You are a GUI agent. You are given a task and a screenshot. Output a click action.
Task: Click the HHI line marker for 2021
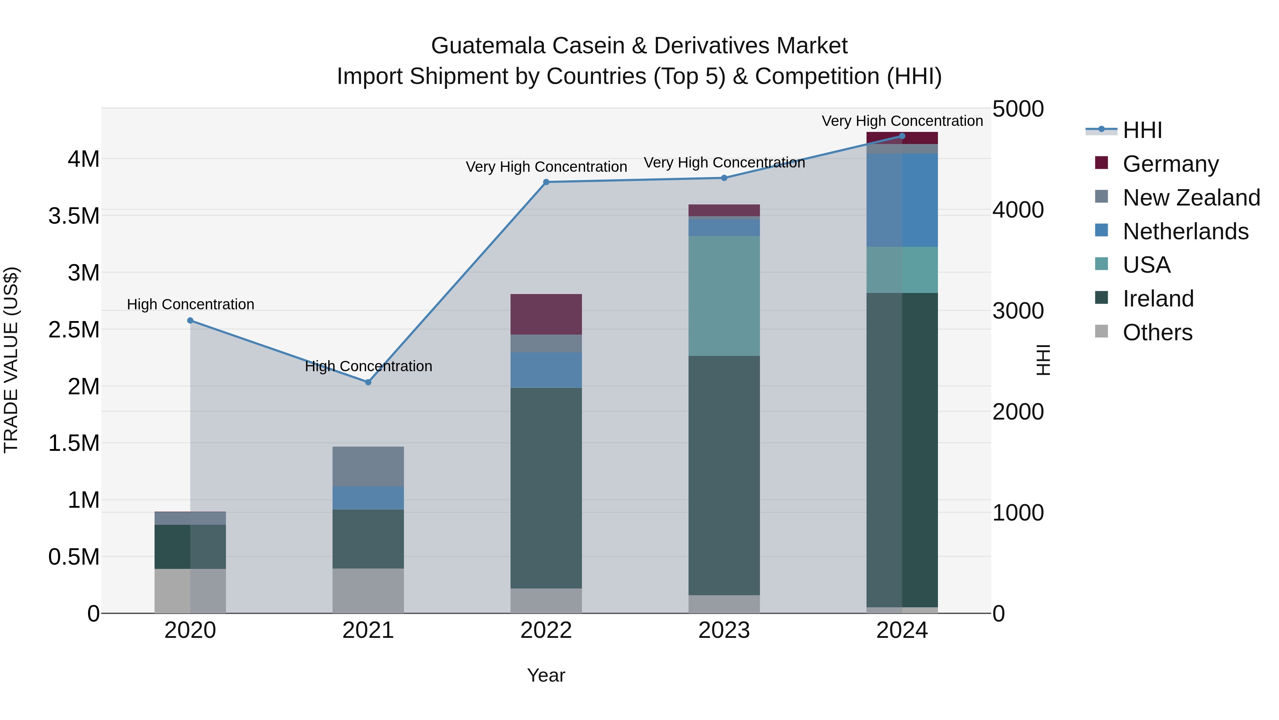[368, 382]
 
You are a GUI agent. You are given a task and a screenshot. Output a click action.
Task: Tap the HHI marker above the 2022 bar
[546, 182]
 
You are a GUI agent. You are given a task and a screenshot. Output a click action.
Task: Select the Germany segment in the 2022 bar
[546, 314]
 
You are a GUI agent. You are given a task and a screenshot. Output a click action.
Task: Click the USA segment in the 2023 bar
[724, 296]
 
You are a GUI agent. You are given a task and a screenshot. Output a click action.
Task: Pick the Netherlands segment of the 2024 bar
[902, 200]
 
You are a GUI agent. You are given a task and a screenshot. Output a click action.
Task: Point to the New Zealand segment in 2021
[368, 466]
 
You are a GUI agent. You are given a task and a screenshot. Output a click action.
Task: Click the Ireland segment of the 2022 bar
[546, 488]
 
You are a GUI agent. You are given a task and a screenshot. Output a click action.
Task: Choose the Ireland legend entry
[1158, 299]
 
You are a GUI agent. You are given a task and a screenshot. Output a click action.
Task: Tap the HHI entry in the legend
[1142, 130]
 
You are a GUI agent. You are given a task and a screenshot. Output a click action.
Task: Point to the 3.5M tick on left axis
[74, 216]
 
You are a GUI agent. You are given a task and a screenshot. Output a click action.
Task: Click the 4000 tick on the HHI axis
[1018, 210]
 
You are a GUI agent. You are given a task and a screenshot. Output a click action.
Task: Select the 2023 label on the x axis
[724, 630]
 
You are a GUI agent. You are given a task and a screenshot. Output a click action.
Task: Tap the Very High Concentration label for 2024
[902, 121]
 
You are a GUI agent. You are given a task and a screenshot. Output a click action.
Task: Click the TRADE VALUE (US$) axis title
[11, 360]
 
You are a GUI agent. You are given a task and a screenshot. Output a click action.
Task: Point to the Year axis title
[546, 675]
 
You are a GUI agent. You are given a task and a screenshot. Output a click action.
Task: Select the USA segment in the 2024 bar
[902, 270]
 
